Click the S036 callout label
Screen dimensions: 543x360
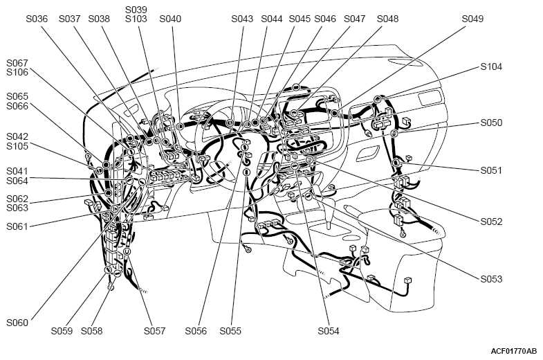point(37,19)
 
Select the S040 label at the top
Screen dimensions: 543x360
point(170,19)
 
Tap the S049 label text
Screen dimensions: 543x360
point(472,19)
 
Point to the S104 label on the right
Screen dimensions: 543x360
point(491,66)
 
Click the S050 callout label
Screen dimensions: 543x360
point(491,123)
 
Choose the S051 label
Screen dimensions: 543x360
point(491,170)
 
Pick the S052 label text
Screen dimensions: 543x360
point(491,222)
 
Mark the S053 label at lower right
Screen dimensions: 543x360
point(491,279)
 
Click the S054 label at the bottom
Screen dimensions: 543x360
point(329,331)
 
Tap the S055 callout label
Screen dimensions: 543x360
point(230,331)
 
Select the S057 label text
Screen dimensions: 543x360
point(154,331)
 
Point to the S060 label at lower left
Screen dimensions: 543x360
point(17,323)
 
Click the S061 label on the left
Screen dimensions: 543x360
point(17,226)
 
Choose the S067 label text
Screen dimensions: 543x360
point(17,63)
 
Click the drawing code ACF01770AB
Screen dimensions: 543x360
point(513,351)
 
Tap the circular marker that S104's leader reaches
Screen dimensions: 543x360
point(377,100)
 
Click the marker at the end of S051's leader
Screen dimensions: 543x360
point(396,162)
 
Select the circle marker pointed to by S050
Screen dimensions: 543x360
point(394,134)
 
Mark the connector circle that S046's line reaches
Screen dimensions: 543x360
point(296,87)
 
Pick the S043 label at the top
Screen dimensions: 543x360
point(242,19)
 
